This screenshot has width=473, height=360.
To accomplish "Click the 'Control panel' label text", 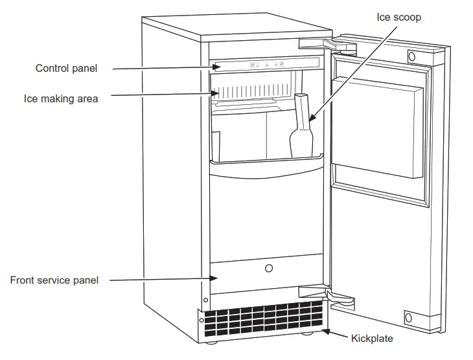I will [x=66, y=69].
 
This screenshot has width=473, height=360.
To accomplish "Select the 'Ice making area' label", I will [x=62, y=98].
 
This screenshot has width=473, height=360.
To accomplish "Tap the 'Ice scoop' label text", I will [x=398, y=17].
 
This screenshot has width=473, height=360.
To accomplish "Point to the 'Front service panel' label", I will [x=54, y=280].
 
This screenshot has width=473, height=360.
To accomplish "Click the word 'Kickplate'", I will [x=372, y=338].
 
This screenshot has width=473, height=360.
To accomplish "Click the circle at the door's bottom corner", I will [x=409, y=318].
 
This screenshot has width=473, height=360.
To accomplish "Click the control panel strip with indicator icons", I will [x=266, y=63].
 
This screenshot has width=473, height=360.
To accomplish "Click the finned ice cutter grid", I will [x=253, y=91].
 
